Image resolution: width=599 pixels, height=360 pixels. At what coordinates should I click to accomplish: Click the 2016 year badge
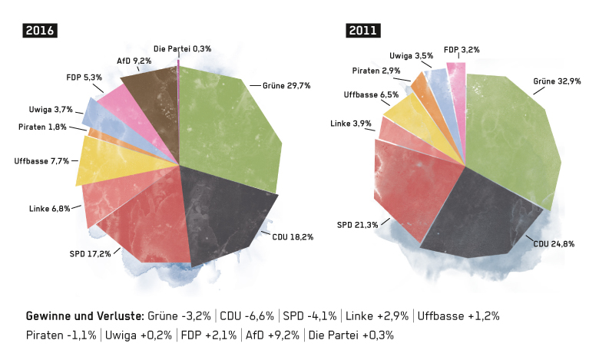point(40,31)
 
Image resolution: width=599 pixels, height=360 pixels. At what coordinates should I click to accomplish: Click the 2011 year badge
point(363,31)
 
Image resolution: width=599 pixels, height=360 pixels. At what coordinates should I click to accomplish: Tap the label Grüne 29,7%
point(286,86)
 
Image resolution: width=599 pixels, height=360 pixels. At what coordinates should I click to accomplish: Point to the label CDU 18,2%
point(293,237)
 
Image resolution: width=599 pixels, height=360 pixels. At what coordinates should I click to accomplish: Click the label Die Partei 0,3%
point(182,49)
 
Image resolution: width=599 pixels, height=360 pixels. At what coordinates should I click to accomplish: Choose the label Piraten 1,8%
point(42,127)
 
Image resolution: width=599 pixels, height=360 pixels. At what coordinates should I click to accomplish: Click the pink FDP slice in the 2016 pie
point(134,114)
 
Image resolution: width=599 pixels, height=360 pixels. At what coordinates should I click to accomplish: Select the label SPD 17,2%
point(90,254)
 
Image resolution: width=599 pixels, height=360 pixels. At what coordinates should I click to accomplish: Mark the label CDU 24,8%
point(554,244)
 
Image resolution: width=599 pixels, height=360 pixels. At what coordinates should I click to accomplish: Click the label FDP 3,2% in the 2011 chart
point(462,50)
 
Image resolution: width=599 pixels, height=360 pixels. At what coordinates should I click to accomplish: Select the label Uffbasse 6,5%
point(371,94)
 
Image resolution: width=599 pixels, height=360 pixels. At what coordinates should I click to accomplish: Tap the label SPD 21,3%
point(358,225)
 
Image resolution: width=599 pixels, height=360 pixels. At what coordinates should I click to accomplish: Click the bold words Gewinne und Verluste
point(85,316)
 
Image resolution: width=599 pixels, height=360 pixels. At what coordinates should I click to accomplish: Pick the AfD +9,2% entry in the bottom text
point(273,335)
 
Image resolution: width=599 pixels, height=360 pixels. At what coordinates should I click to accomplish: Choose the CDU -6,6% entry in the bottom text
point(247,316)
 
